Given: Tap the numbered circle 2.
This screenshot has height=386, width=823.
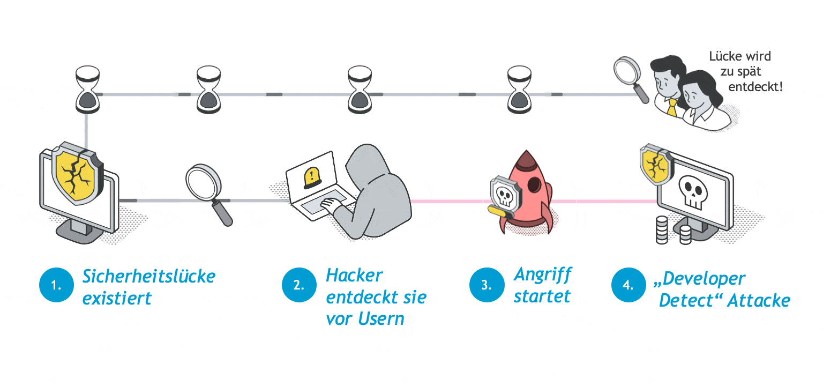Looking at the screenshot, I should [298, 285].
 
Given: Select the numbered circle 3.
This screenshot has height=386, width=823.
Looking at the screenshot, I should [486, 285].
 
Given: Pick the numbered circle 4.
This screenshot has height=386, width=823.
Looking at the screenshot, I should [628, 285].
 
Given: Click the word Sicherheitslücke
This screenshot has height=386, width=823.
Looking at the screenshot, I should [149, 277].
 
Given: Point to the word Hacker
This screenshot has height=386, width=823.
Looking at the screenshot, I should [354, 276].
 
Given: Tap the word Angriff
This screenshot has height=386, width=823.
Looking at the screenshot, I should [543, 275].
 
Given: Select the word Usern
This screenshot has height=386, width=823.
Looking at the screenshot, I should [381, 319].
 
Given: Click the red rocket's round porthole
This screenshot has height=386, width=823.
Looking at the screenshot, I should [535, 185].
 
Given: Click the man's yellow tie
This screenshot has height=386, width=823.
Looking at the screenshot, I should [671, 107].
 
